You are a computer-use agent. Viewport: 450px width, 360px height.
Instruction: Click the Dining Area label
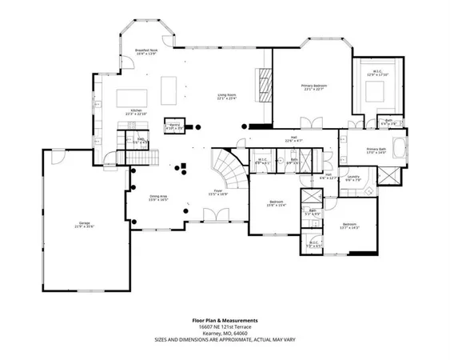point(158,197)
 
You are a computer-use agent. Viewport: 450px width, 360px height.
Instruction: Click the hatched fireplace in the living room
point(261,84)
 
